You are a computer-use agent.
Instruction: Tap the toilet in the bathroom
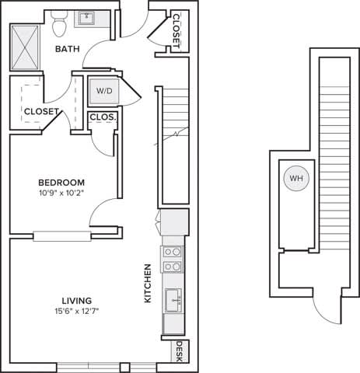click(x=59, y=26)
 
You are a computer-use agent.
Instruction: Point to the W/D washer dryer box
click(x=104, y=91)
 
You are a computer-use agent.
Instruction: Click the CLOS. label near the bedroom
click(x=103, y=117)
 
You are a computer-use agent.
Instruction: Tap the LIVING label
click(x=78, y=301)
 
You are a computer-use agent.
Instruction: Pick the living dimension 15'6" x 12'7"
click(x=78, y=312)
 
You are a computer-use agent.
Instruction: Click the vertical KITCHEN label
click(x=146, y=283)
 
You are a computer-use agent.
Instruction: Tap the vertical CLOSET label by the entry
click(x=177, y=31)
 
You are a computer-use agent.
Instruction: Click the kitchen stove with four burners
click(x=173, y=260)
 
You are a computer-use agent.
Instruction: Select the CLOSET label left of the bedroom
click(x=41, y=111)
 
